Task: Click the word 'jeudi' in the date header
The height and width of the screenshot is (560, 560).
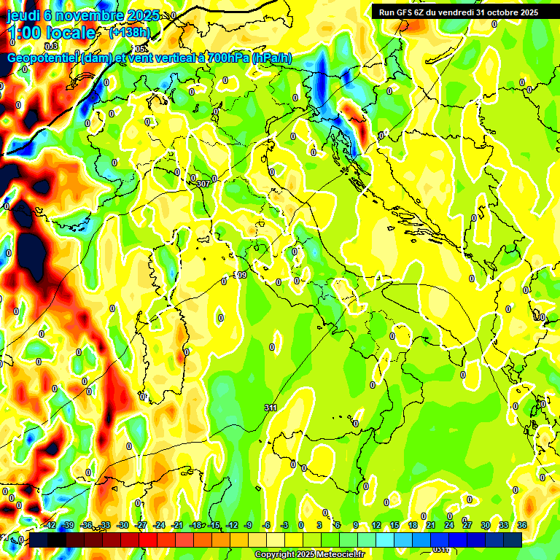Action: pyautogui.click(x=23, y=15)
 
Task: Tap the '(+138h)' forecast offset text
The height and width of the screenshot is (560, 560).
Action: pyautogui.click(x=129, y=32)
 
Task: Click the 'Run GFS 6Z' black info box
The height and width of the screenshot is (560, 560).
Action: pyautogui.click(x=459, y=12)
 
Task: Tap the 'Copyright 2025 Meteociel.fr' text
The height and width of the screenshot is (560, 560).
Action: pyautogui.click(x=309, y=555)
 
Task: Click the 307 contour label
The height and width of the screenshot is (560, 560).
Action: pyautogui.click(x=203, y=184)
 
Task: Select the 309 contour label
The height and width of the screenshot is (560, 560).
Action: pyautogui.click(x=240, y=275)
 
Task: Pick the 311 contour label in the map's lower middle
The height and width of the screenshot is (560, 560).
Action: pyautogui.click(x=271, y=407)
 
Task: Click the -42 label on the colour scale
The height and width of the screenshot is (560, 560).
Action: pyautogui.click(x=50, y=525)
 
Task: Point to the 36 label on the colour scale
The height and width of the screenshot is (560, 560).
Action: pyautogui.click(x=522, y=525)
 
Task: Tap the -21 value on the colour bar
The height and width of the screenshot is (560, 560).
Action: pyautogui.click(x=176, y=525)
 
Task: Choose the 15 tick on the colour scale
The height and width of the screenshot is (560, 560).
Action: pyautogui.click(x=394, y=525)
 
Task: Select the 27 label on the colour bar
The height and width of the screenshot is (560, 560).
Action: pyautogui.click(x=467, y=525)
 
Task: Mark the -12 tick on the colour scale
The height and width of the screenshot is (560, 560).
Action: pyautogui.click(x=231, y=525)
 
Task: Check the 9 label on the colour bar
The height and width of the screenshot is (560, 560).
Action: pyautogui.click(x=356, y=525)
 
